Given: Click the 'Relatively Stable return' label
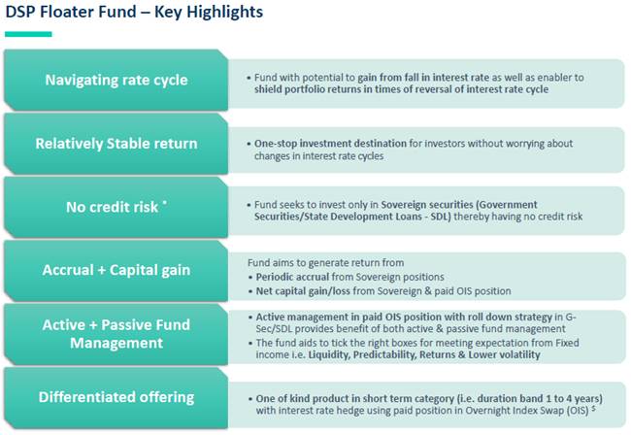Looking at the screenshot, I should pyautogui.click(x=116, y=144).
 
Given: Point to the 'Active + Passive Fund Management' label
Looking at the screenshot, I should pyautogui.click(x=116, y=333).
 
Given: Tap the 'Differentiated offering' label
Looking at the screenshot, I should pyautogui.click(x=116, y=396).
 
